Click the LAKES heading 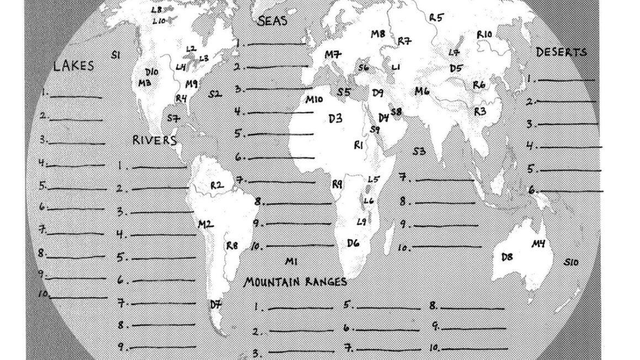(x=73, y=66)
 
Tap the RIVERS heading (x=154, y=140)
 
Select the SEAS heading (x=273, y=21)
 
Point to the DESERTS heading (x=561, y=52)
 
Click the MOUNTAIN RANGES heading (x=296, y=282)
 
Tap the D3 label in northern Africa (x=335, y=118)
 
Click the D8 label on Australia (x=507, y=257)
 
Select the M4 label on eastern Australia (x=538, y=244)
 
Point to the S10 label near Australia (x=571, y=262)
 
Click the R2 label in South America (x=217, y=185)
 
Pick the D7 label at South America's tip (x=215, y=304)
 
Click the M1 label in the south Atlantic (x=292, y=260)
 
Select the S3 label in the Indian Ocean (x=419, y=152)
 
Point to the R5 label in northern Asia (x=436, y=18)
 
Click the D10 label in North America (x=151, y=72)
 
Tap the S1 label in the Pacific (x=116, y=54)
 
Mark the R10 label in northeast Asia (x=484, y=35)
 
